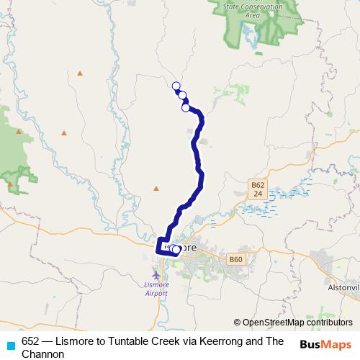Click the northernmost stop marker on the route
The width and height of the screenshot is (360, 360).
[x=176, y=86]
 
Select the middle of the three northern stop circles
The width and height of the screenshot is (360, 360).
[x=182, y=95]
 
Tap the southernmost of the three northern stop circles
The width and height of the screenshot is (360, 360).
[x=186, y=108]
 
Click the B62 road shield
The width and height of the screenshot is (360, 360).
[x=258, y=185]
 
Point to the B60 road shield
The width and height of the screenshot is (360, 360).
[x=235, y=259]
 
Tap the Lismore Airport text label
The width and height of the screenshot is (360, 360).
[x=157, y=289]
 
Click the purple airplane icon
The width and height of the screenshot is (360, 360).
[x=157, y=274]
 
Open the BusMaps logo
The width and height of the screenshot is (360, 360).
[x=325, y=345]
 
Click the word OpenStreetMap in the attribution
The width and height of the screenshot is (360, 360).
[x=274, y=323]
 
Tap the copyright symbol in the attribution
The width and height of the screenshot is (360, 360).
[x=237, y=323]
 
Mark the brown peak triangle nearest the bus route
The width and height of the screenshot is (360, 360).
[x=156, y=189]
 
